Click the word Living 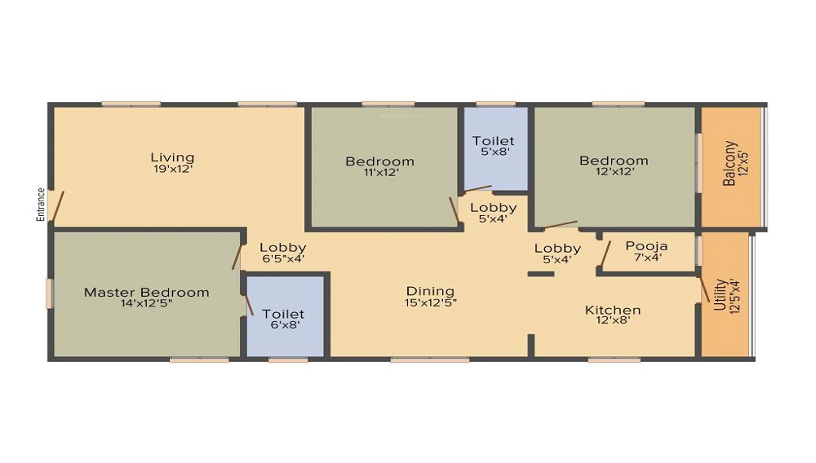172,157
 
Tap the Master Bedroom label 147,293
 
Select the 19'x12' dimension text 172,170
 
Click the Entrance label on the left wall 40,205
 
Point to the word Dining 430,291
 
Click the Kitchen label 613,310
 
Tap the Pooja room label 646,246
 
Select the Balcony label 730,164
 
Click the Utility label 720,294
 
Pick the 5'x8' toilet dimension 494,152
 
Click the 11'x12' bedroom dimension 379,173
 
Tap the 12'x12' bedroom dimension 614,172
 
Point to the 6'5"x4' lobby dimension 282,259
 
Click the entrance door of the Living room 55,206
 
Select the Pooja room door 604,255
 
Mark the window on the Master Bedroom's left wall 49,293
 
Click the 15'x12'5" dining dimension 430,302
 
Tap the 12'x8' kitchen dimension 613,320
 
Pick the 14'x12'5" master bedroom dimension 147,305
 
